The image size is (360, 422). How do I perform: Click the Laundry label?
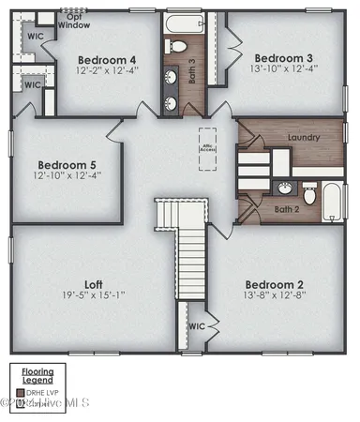[x=306, y=139]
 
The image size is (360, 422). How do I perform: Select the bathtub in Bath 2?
[x=334, y=197]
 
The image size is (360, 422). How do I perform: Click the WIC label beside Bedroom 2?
[x=197, y=327]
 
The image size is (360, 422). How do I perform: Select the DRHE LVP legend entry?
[x=42, y=391]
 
